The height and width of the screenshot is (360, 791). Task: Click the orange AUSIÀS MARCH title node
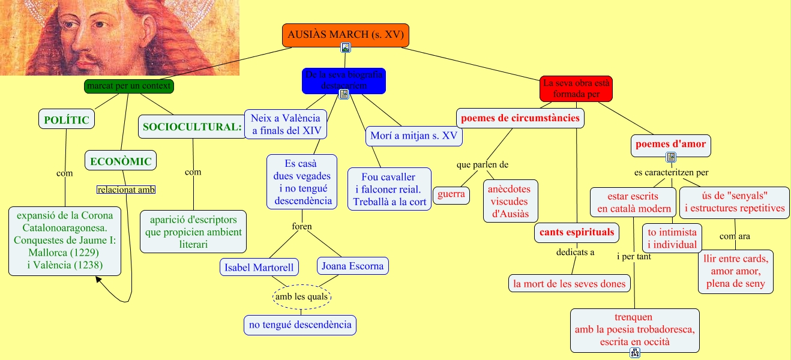pos(346,35)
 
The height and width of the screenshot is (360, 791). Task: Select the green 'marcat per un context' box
pos(129,86)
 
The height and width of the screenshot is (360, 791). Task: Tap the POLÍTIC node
pos(67,120)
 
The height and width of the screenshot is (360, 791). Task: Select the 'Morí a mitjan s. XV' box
pos(414,136)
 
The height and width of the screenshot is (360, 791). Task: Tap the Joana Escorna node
pos(352,265)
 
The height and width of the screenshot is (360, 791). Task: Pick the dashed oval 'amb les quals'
pos(302,296)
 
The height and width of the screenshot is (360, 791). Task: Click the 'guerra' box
pos(451,194)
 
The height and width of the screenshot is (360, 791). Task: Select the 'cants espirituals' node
pos(576,232)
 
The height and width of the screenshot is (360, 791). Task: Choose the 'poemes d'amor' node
pos(671,144)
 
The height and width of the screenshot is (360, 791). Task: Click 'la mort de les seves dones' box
pos(569,283)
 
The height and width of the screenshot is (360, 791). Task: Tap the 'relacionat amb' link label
pos(126,190)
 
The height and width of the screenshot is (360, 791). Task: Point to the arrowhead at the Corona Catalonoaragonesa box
pos(99,280)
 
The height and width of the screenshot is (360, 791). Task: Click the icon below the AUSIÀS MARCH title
pos(345,47)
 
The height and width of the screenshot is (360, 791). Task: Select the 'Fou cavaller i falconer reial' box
pos(389,189)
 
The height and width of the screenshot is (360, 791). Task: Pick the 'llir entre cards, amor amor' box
pos(736,271)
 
